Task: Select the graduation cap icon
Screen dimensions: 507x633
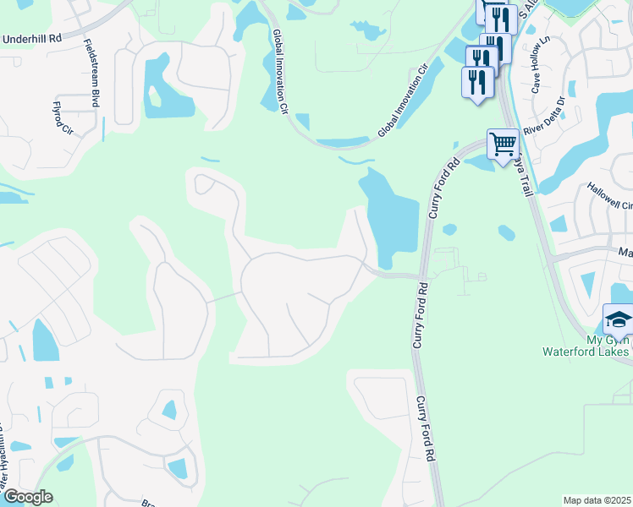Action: (618, 321)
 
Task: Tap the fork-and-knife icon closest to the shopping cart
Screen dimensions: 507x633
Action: (478, 82)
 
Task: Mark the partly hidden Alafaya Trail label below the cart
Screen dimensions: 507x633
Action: (523, 176)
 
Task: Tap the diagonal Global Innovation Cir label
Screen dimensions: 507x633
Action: (405, 101)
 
